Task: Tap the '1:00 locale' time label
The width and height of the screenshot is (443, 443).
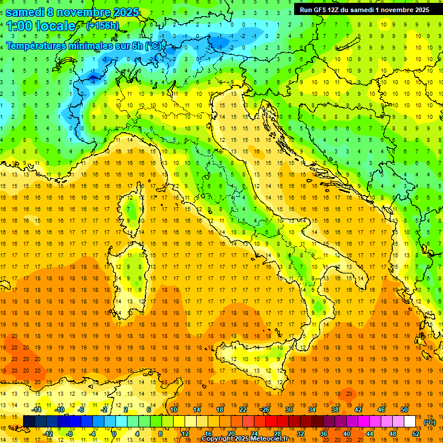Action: pyautogui.click(x=40, y=26)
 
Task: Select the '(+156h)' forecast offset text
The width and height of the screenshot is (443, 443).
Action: pyautogui.click(x=102, y=26)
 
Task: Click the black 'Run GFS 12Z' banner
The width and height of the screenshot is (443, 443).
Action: pyautogui.click(x=364, y=9)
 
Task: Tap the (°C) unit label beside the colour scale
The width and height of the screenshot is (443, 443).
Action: pyautogui.click(x=430, y=422)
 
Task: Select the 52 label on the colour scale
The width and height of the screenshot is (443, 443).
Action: pyautogui.click(x=416, y=433)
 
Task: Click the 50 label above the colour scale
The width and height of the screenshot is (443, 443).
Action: pyautogui.click(x=404, y=410)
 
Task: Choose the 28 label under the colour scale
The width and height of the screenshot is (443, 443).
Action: pyautogui.click(x=277, y=433)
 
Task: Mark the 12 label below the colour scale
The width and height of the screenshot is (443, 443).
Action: pyautogui.click(x=185, y=433)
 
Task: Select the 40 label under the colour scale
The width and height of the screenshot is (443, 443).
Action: pyautogui.click(x=347, y=433)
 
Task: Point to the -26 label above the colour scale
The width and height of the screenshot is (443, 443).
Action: pyautogui.click(x=265, y=410)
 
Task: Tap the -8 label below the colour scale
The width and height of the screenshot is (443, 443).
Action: pyautogui.click(x=69, y=433)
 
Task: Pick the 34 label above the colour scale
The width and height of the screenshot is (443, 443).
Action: pyautogui.click(x=312, y=410)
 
